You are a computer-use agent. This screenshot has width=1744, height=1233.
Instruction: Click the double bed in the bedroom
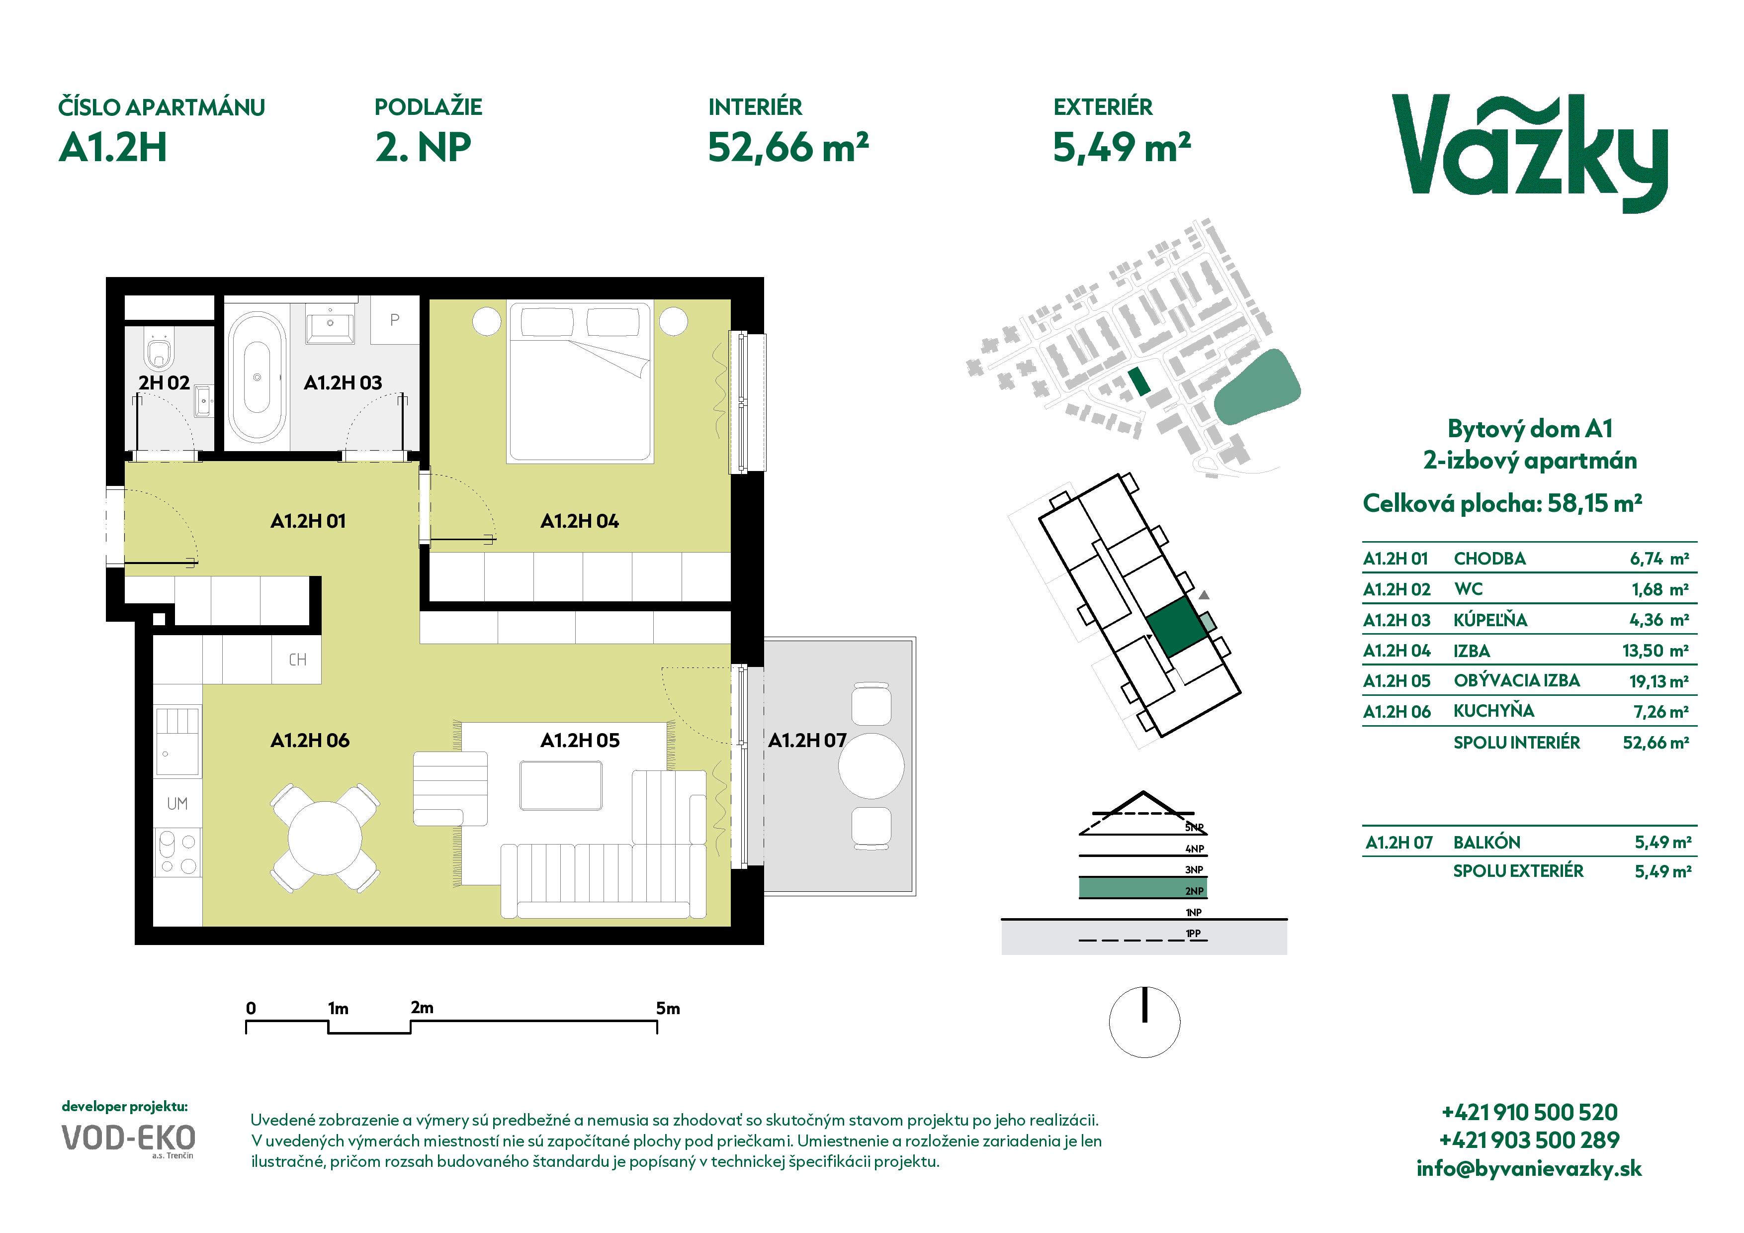pos(580,381)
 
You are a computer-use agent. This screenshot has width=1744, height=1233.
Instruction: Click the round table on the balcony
pos(871,766)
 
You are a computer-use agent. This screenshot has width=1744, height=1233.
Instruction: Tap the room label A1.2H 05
pos(580,740)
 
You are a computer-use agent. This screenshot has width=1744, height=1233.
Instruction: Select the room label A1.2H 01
pos(308,521)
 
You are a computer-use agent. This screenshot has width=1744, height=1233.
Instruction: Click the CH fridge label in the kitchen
pos(298,660)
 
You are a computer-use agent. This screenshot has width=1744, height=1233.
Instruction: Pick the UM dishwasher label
pos(177,804)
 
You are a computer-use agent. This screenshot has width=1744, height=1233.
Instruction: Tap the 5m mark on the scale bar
pos(668,1008)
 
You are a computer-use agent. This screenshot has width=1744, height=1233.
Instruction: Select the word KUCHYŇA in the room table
pos(1493,711)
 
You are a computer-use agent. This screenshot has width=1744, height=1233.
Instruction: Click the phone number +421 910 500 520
pos(1529,1112)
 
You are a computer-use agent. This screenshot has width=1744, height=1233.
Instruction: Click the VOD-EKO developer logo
pos(128,1138)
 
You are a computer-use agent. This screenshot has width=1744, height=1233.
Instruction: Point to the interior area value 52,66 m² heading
pos(787,147)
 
